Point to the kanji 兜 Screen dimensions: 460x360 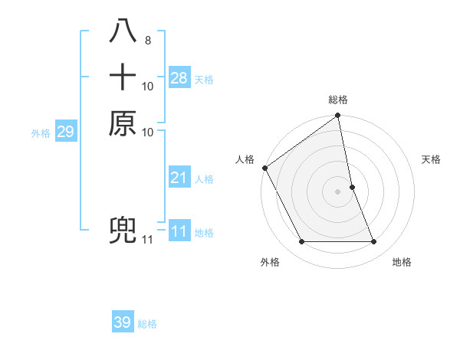coord(123,231)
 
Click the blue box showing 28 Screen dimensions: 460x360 coord(179,77)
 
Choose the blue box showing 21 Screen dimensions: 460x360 coord(179,178)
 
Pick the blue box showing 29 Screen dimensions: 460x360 coord(65,132)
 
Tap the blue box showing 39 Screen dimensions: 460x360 coord(123,322)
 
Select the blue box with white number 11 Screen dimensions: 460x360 coord(179,231)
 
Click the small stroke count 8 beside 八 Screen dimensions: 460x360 coord(147,40)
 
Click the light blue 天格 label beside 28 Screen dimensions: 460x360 coord(204,80)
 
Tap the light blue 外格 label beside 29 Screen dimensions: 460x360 coord(41,133)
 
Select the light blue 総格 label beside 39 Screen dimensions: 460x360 coord(147,324)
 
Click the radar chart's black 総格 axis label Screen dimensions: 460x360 coord(338,100)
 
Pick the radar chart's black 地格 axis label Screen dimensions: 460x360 coord(402,262)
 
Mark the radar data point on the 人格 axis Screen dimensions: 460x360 coord(264,168)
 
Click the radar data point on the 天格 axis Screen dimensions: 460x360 coord(352,187)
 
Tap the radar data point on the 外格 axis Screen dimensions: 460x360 coord(301,242)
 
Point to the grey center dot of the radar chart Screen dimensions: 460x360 coord(338,191)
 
